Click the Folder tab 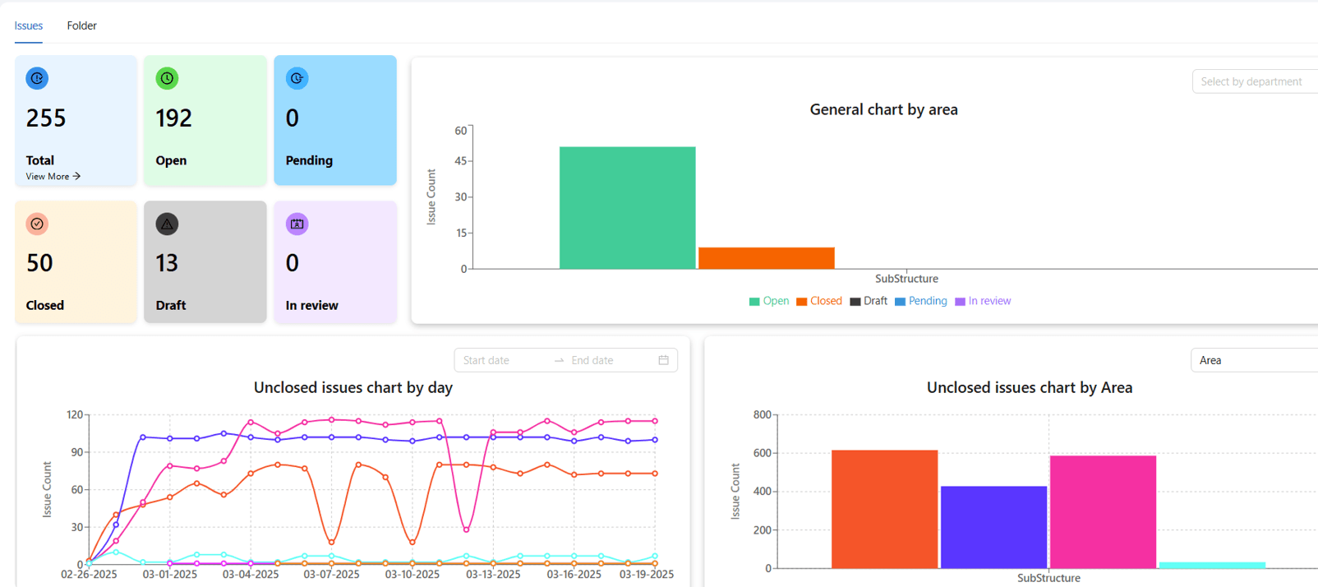point(82,26)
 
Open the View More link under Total point(53,176)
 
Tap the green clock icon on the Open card point(167,78)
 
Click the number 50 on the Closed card point(40,262)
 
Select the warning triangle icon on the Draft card point(167,224)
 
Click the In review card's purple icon point(297,224)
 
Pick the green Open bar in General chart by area point(627,208)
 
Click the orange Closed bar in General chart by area point(766,258)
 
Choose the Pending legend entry point(921,301)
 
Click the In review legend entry point(983,301)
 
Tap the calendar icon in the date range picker point(664,360)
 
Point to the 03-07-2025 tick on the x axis point(331,574)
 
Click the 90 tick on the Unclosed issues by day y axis point(76,452)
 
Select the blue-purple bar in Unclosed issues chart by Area point(993,527)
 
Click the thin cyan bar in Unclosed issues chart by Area point(1212,566)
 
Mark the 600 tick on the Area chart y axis point(762,453)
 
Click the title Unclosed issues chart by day point(353,387)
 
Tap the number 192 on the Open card point(173,118)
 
